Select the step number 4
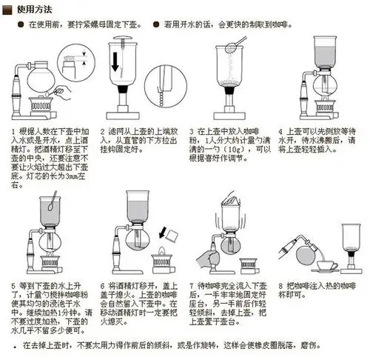(x=281, y=129)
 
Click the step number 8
(x=282, y=284)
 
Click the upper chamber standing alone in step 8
(x=347, y=222)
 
